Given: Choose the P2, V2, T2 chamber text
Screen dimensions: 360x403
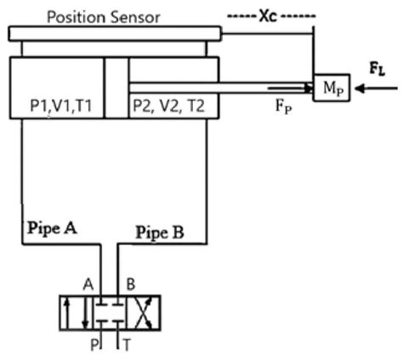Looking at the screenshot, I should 166,107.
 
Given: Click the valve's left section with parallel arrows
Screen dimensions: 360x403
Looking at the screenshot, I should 74,312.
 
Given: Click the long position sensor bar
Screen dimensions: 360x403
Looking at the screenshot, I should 114,33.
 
